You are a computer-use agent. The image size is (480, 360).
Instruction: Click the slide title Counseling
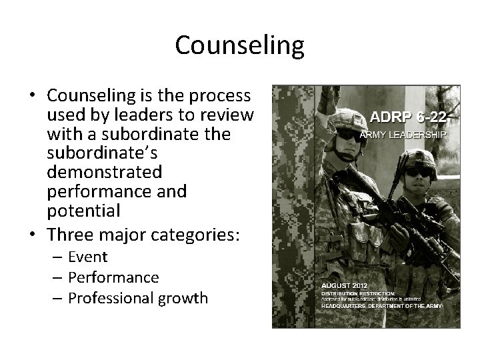pos(239,45)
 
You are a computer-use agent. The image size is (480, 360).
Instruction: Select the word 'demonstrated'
pos(105,173)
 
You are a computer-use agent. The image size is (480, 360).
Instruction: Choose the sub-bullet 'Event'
pos(87,257)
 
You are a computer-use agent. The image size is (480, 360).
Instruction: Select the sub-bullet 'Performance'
pos(113,277)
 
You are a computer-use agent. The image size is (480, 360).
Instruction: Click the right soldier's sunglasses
pos(419,172)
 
